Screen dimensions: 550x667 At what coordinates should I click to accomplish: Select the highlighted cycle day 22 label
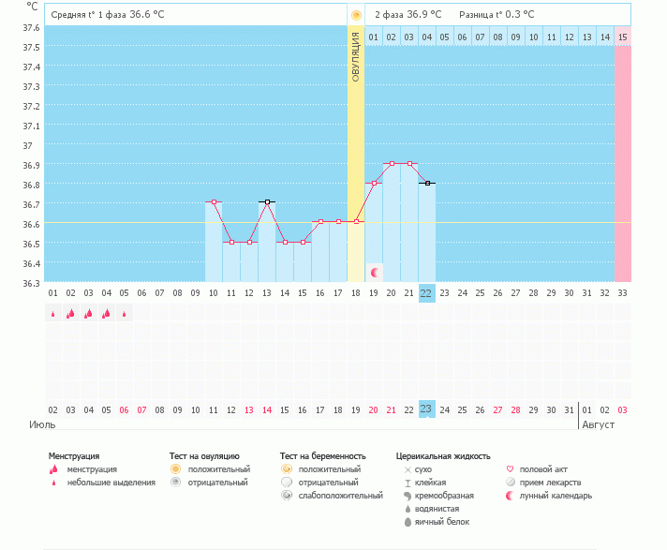click(426, 293)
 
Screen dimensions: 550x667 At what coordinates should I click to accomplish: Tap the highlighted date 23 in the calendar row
click(426, 409)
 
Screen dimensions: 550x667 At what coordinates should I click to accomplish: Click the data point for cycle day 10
click(214, 202)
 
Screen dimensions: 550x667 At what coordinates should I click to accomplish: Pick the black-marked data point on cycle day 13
click(267, 202)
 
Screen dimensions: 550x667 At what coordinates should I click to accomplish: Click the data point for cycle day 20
click(392, 163)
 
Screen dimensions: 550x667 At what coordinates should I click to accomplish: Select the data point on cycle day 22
click(427, 184)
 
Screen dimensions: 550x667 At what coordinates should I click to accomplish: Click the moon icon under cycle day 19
click(375, 273)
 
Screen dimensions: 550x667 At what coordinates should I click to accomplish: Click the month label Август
click(600, 424)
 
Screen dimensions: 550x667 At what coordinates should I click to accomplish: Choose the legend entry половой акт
click(543, 468)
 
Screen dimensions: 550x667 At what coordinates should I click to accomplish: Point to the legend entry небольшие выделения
click(111, 482)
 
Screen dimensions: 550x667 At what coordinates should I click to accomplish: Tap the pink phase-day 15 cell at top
click(622, 37)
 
